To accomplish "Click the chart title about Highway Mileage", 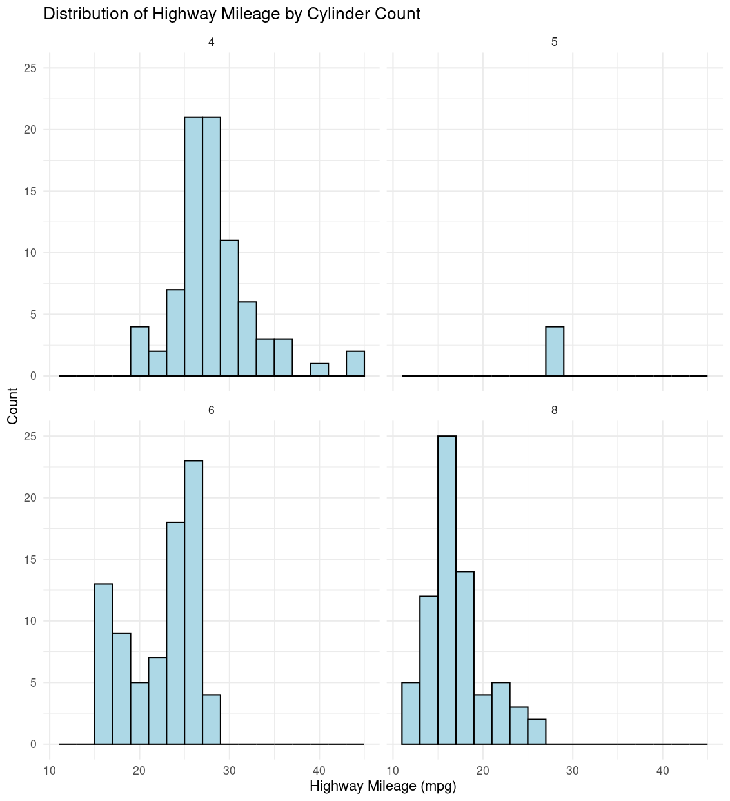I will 232,14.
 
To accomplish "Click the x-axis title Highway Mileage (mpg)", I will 383,786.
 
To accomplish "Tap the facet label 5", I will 555,42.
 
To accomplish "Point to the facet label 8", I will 555,410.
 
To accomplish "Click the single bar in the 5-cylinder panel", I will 555,351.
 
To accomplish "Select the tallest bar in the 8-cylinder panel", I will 447,590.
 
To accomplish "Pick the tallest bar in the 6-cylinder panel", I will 193,602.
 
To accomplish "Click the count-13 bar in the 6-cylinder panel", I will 104,664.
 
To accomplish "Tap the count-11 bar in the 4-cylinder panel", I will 230,308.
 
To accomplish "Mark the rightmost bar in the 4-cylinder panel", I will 355,364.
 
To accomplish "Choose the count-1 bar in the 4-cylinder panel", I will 319,370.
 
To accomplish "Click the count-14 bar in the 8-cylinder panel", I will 465,658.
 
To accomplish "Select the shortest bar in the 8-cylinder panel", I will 537,732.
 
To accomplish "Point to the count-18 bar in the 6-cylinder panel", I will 175,633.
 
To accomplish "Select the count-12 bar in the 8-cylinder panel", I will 429,670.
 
